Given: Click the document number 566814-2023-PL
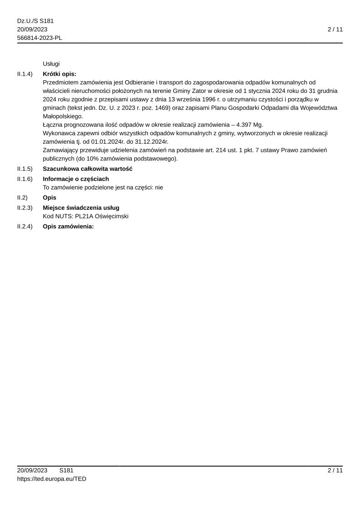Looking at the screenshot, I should [39, 38].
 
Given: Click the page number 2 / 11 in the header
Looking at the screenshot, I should [335, 29].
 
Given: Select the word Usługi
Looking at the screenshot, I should [51, 64].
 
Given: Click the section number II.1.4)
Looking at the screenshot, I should [25, 74].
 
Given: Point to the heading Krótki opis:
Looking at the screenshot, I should [59, 74].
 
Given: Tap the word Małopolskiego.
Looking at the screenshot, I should [63, 116].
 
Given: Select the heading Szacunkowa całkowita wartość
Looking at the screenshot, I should [88, 169].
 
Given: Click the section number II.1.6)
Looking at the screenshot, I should [25, 179].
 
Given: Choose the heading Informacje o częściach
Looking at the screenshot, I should [76, 179].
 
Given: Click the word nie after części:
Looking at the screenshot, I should [159, 187].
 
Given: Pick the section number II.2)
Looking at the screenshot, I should [22, 198].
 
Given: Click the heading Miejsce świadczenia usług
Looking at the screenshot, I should [81, 208].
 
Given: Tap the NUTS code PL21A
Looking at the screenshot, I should [84, 216].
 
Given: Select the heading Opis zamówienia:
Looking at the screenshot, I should [68, 226].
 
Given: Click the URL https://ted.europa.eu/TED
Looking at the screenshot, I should [52, 479].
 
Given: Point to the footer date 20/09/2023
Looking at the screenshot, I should [32, 470].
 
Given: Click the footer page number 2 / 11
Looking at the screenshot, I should [335, 470].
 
